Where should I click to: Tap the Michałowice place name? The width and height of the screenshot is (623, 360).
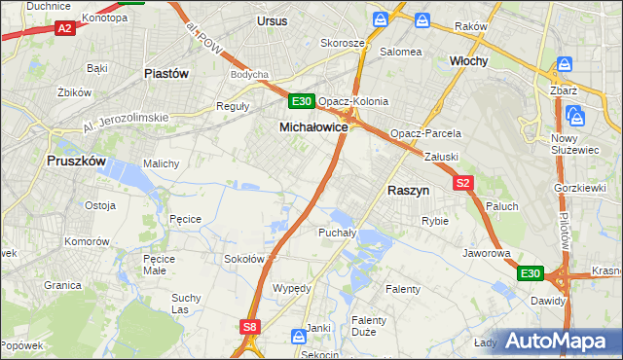(313, 127)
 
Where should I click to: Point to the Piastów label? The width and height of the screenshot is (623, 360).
(165, 73)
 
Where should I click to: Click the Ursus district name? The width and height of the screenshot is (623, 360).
(273, 19)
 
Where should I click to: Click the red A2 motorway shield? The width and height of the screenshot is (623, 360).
(65, 29)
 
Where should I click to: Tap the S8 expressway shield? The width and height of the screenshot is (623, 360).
(250, 328)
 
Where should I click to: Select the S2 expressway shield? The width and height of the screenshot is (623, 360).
(462, 182)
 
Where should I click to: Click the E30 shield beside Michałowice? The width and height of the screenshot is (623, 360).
(301, 101)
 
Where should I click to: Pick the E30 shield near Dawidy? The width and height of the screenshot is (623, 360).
(529, 275)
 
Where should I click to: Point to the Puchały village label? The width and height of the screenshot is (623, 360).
(337, 234)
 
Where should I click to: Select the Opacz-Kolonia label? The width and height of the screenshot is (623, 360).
(353, 101)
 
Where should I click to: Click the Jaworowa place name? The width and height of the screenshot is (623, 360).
(488, 253)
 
